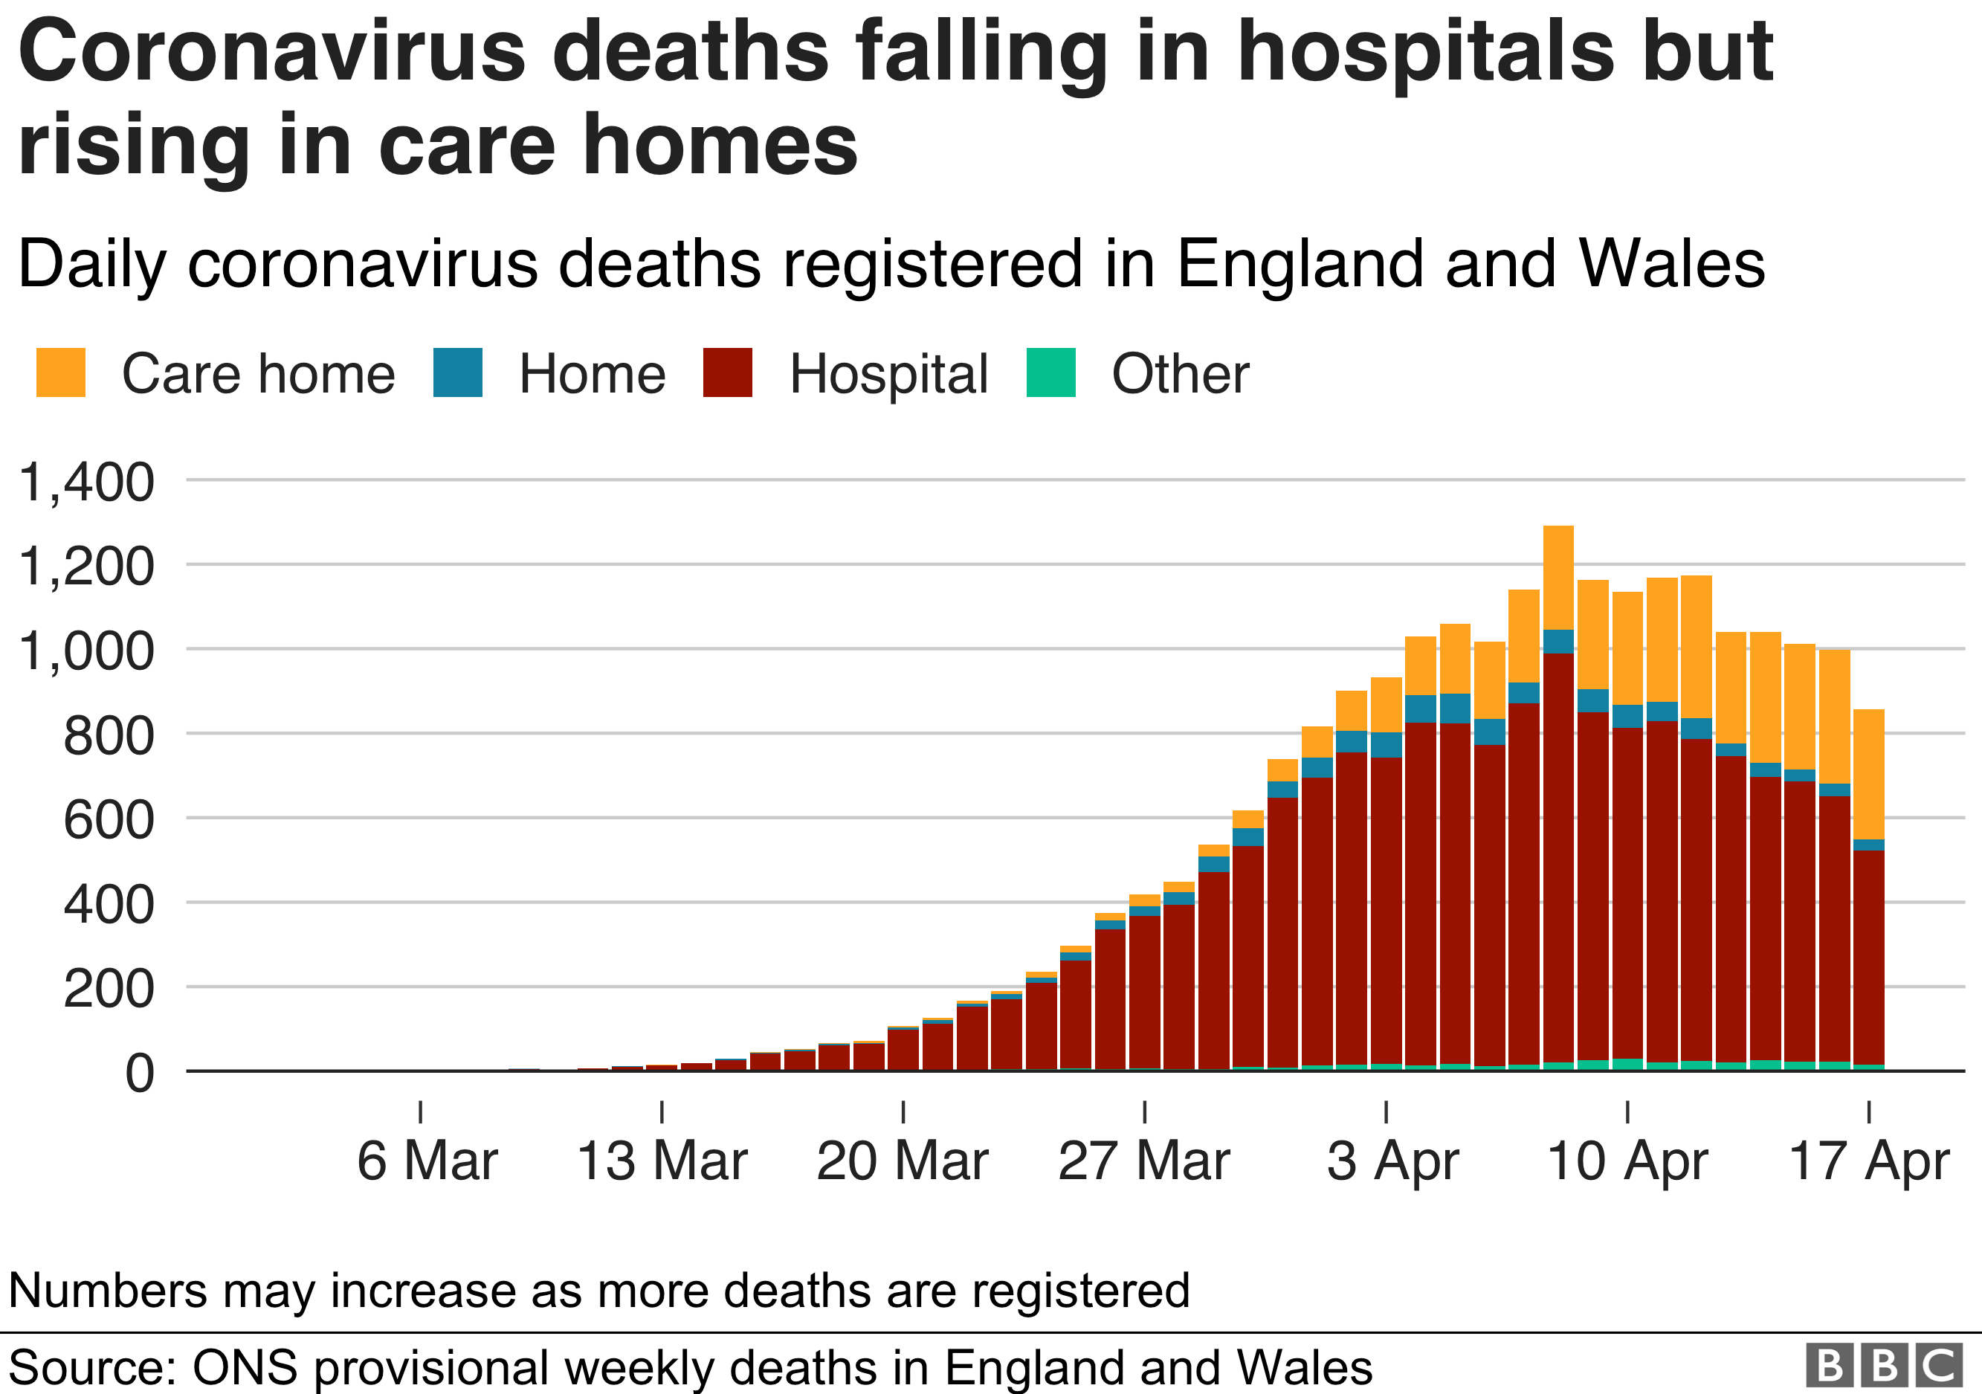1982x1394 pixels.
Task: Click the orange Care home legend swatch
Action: pyautogui.click(x=60, y=373)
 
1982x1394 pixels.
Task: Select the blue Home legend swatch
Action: pyautogui.click(x=457, y=373)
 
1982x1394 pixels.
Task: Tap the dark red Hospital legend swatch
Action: pyautogui.click(x=728, y=373)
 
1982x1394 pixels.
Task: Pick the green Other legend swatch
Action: pyautogui.click(x=1050, y=373)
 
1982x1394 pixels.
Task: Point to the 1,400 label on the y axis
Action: pyautogui.click(x=86, y=482)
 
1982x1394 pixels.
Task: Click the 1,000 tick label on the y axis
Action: pyautogui.click(x=86, y=651)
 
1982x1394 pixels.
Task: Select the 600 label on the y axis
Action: pyautogui.click(x=109, y=820)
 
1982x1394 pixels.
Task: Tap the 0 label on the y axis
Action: pyautogui.click(x=140, y=1074)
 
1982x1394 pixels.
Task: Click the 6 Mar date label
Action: pyautogui.click(x=427, y=1161)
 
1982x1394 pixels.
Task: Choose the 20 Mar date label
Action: pyautogui.click(x=902, y=1161)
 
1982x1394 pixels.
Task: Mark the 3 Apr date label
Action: pyautogui.click(x=1392, y=1161)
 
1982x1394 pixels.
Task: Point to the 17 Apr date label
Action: pyautogui.click(x=1869, y=1161)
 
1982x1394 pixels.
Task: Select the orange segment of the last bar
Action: pyautogui.click(x=1869, y=774)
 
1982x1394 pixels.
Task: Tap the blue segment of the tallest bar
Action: pyautogui.click(x=1558, y=642)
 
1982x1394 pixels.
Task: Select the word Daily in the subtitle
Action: pyautogui.click(x=91, y=264)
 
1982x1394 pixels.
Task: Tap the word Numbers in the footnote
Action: pyautogui.click(x=108, y=1291)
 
